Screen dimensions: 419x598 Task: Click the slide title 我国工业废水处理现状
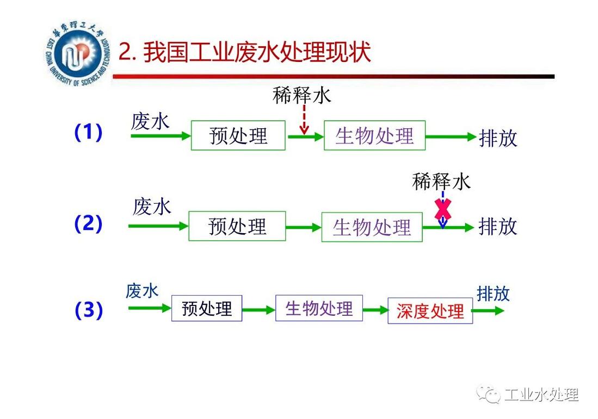tap(245, 54)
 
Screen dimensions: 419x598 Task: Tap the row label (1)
tap(88, 133)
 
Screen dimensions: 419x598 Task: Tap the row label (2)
tap(88, 224)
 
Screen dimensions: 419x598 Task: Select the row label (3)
tap(88, 310)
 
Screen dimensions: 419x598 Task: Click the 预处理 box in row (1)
tap(238, 135)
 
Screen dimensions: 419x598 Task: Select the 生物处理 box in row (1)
tap(374, 135)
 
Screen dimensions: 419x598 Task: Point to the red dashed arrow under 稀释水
tap(304, 120)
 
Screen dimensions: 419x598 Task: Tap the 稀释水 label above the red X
tap(441, 182)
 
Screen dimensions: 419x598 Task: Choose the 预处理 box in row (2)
tap(237, 226)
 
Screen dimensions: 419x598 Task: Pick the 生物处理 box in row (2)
tap(372, 227)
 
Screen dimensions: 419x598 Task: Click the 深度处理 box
tap(430, 311)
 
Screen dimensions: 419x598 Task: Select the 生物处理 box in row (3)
tap(319, 309)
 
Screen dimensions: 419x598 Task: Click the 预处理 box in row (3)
tap(207, 309)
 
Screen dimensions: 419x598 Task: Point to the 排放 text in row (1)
tap(497, 138)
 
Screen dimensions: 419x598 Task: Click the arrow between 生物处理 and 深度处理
tap(374, 310)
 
